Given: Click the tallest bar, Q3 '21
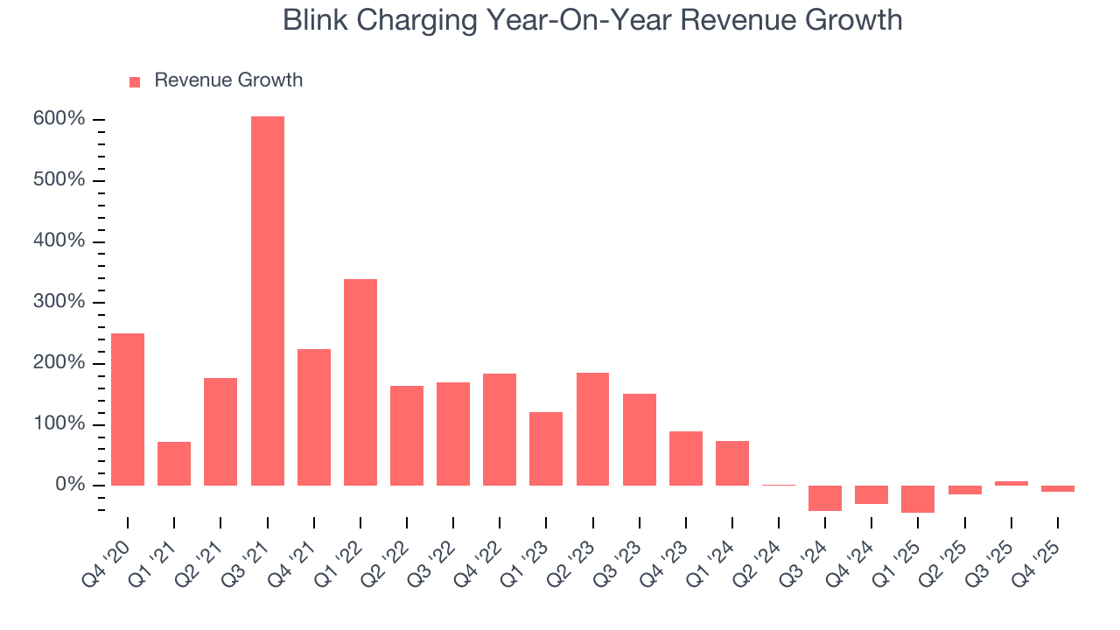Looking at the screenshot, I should pyautogui.click(x=267, y=301).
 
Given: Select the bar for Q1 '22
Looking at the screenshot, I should pyautogui.click(x=360, y=382).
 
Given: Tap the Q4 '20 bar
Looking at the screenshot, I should pyautogui.click(x=128, y=409).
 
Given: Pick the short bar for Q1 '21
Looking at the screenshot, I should pyautogui.click(x=174, y=464).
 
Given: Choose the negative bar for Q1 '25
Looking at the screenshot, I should pyautogui.click(x=918, y=499).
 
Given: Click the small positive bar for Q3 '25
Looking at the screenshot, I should pyautogui.click(x=1011, y=483).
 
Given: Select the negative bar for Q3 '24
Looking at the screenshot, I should pyautogui.click(x=824, y=498).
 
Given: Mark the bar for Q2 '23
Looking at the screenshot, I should pyautogui.click(x=592, y=429).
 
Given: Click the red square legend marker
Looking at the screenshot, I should pyautogui.click(x=135, y=81).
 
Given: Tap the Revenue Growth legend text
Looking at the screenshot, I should pyautogui.click(x=228, y=80).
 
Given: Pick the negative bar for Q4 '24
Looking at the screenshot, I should pyautogui.click(x=871, y=494).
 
